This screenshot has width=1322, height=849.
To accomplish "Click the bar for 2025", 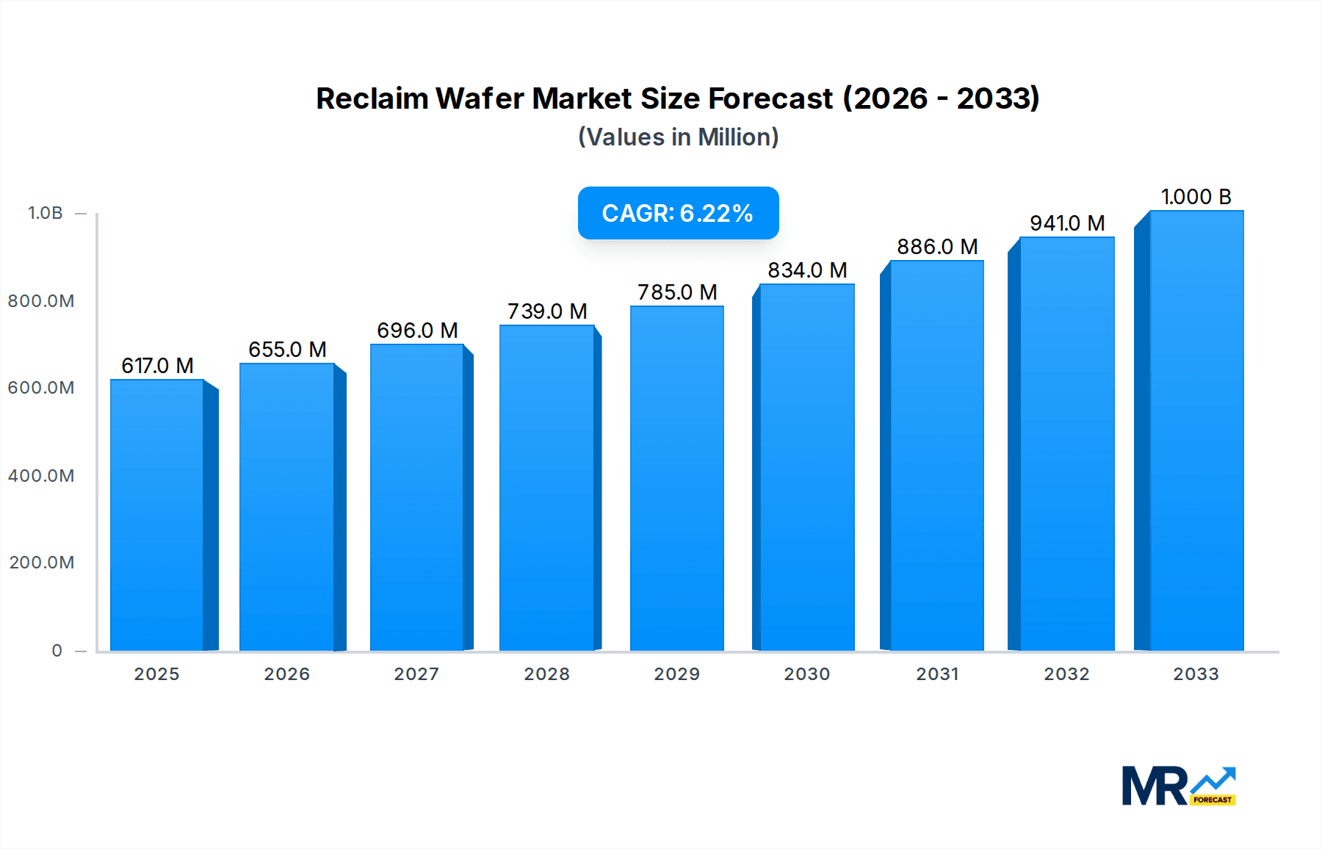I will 156,514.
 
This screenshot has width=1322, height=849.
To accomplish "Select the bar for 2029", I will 676,477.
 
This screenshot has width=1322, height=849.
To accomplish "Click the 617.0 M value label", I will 157,366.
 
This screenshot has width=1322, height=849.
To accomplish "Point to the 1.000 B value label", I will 1196,197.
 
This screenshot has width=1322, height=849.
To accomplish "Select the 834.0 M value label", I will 807,270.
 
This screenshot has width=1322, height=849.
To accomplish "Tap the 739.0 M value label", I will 547,311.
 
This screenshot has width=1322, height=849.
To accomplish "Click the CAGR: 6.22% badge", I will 678,213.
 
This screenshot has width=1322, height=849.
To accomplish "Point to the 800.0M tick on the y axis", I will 41,301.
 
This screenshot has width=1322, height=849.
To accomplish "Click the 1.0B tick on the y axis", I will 46,213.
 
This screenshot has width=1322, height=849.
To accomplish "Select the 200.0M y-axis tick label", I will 42,563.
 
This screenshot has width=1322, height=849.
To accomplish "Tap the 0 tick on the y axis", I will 57,651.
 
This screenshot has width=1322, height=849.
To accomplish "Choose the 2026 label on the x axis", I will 286,674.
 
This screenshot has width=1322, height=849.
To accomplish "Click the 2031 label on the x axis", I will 937,674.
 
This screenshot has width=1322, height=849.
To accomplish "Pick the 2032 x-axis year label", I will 1066,674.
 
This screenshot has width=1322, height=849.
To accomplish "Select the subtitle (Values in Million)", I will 678,137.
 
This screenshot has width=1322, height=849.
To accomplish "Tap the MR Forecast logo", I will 1178,786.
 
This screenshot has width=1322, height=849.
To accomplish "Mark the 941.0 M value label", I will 1067,223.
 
